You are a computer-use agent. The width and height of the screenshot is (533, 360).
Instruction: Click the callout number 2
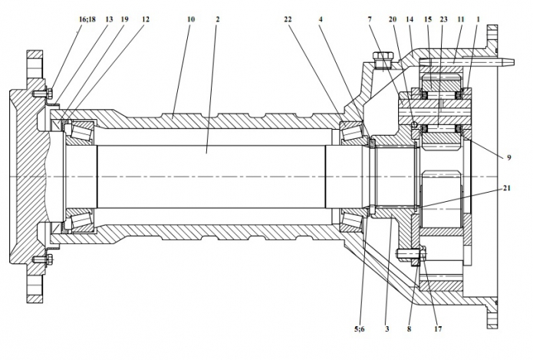tap(219, 16)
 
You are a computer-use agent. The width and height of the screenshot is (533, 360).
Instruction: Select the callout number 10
tap(191, 16)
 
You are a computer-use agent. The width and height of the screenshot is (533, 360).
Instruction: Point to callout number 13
tap(109, 16)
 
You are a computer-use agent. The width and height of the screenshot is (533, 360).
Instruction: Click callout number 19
tap(124, 16)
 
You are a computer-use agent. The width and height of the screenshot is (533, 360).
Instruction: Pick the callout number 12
tap(146, 16)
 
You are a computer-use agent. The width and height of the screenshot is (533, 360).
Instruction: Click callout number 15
tap(427, 16)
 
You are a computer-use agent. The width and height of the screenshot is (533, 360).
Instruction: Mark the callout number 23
tap(443, 16)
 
